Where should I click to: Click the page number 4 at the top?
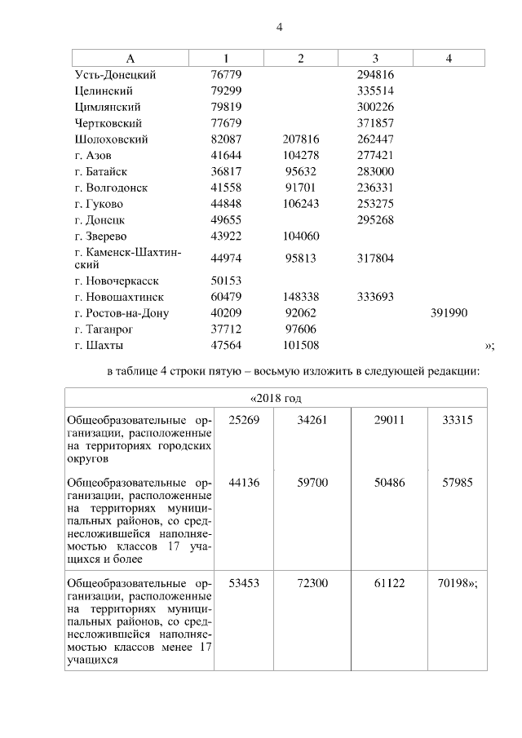click(x=279, y=27)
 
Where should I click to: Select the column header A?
click(x=130, y=58)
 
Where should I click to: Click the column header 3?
click(x=375, y=58)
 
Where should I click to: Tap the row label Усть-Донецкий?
click(x=114, y=74)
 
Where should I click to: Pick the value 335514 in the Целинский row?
click(x=375, y=91)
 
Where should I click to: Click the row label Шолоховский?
click(x=110, y=139)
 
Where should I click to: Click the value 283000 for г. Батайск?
click(x=375, y=171)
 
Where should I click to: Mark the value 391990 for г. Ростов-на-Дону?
click(x=449, y=312)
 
